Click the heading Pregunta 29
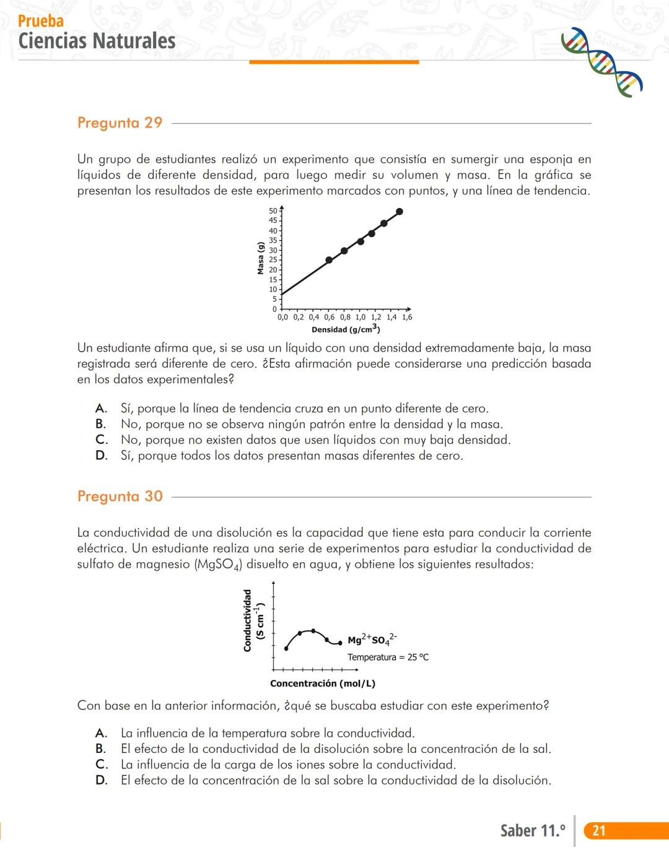coord(120,123)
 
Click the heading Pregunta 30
coord(120,496)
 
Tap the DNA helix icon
coord(601,62)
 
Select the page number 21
coord(598,830)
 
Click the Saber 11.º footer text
coord(532,830)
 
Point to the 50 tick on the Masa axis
coord(273,211)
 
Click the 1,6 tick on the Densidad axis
coord(407,317)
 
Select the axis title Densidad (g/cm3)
coord(345,329)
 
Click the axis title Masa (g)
coord(261,258)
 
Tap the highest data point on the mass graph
coord(400,212)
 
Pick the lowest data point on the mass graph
coord(329,260)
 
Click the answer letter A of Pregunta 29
coord(101,409)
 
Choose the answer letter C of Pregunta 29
coord(102,440)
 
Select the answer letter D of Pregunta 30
coord(102,780)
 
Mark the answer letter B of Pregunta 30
coord(101,749)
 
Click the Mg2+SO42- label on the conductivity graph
coord(372,640)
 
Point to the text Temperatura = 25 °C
coord(388,657)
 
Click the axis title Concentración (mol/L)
coord(322,684)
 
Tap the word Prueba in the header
coord(41,21)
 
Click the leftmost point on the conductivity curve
coord(286,648)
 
